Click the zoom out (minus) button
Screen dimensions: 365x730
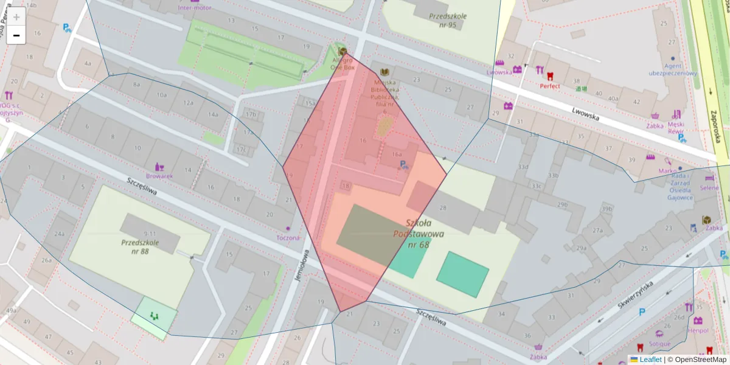point(16,35)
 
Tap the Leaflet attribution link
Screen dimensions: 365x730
point(650,360)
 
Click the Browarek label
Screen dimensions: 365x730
point(161,176)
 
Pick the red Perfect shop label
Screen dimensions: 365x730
point(550,86)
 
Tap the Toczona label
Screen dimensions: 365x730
point(288,237)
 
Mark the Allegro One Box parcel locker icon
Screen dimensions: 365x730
point(343,52)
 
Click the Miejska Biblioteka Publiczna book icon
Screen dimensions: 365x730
point(384,72)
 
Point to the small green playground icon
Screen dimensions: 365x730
point(154,316)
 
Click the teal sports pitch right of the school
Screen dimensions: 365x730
point(462,274)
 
